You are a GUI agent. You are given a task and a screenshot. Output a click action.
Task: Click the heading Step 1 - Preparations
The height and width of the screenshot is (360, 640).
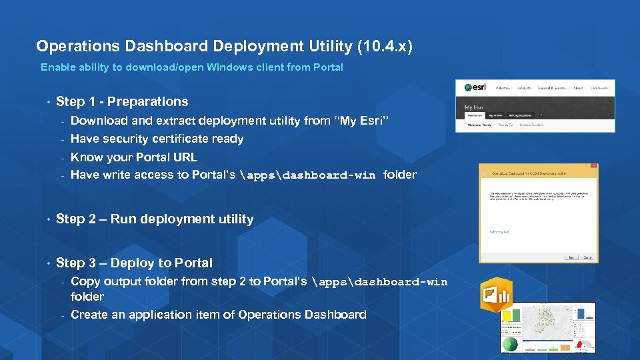[x=122, y=101]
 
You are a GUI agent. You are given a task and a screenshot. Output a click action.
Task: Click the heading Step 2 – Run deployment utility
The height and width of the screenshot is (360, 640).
[x=155, y=219]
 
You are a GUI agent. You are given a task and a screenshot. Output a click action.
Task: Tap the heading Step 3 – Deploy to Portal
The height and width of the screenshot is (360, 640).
[x=134, y=263]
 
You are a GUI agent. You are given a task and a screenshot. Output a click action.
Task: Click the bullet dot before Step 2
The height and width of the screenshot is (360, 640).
[x=48, y=219]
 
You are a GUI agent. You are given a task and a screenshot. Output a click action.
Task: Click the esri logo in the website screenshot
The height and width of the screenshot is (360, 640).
[x=475, y=87]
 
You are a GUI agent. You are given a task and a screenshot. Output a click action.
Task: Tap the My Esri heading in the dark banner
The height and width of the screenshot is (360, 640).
[x=473, y=107]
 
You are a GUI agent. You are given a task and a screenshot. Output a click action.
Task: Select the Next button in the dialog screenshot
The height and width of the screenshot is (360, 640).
[x=570, y=257]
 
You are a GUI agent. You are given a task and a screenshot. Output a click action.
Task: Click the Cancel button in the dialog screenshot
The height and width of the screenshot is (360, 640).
[x=587, y=257]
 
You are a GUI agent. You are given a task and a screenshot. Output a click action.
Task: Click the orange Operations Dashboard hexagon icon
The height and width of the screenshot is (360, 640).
[x=496, y=293]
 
